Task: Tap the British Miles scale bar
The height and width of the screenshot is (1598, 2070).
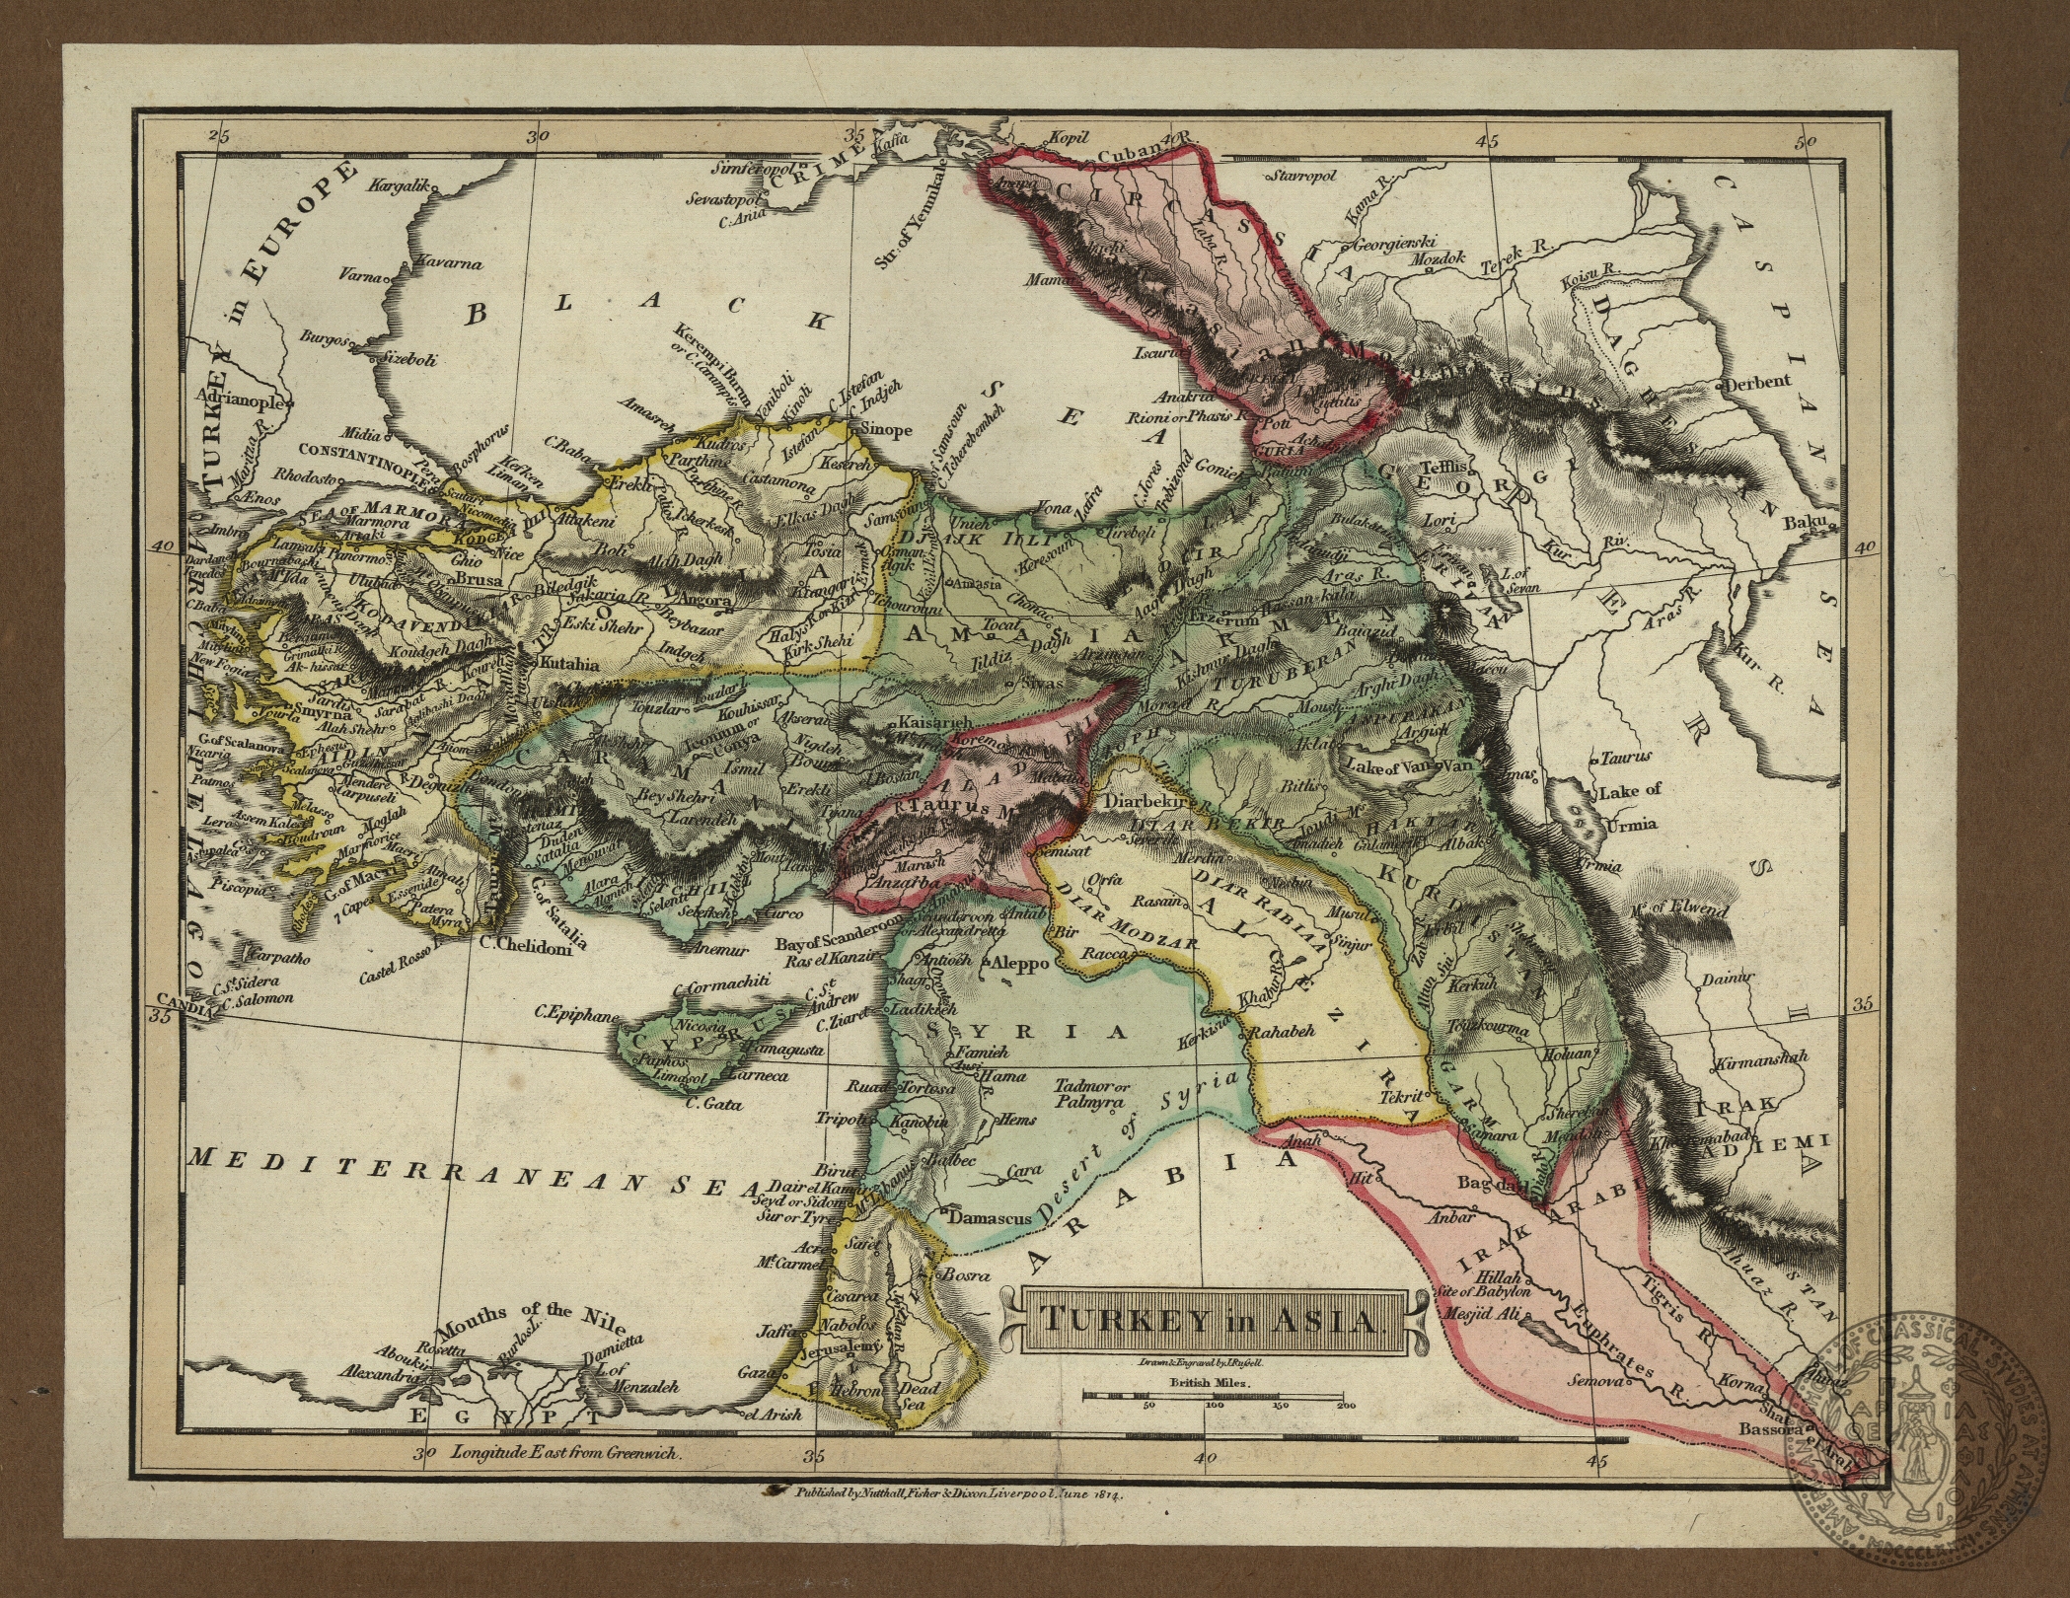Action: click(1217, 1394)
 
